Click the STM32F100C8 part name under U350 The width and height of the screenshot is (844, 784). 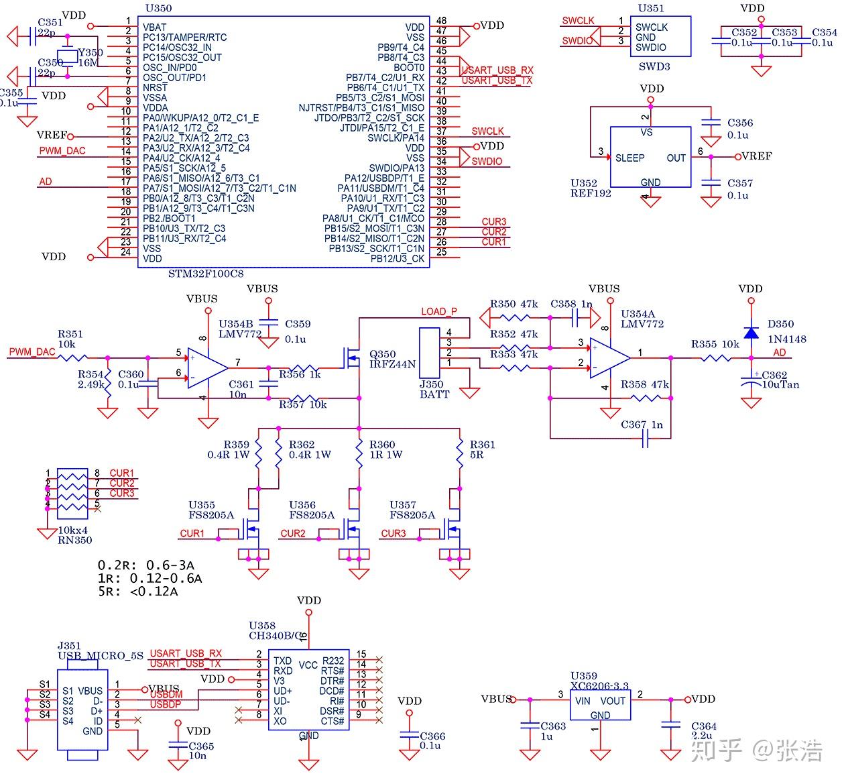click(x=205, y=274)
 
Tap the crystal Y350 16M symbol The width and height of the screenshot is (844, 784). click(x=67, y=56)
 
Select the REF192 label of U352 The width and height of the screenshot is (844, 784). click(x=591, y=193)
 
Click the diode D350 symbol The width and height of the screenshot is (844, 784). click(x=751, y=333)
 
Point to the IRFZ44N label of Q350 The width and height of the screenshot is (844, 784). click(x=392, y=364)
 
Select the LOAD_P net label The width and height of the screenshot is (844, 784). click(x=438, y=311)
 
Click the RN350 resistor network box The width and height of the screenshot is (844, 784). click(x=72, y=494)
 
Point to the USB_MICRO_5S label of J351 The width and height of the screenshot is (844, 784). click(x=101, y=656)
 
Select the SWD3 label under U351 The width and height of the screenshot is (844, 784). click(x=654, y=66)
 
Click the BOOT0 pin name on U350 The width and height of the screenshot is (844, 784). click(x=408, y=68)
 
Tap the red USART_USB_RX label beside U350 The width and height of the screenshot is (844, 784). click(x=497, y=70)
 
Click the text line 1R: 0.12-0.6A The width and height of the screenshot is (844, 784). click(x=149, y=578)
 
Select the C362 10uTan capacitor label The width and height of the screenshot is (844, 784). click(x=780, y=380)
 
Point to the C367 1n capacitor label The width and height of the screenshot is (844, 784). click(x=641, y=425)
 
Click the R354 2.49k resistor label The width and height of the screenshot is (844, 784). click(x=91, y=379)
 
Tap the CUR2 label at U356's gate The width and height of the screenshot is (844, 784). click(x=292, y=534)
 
